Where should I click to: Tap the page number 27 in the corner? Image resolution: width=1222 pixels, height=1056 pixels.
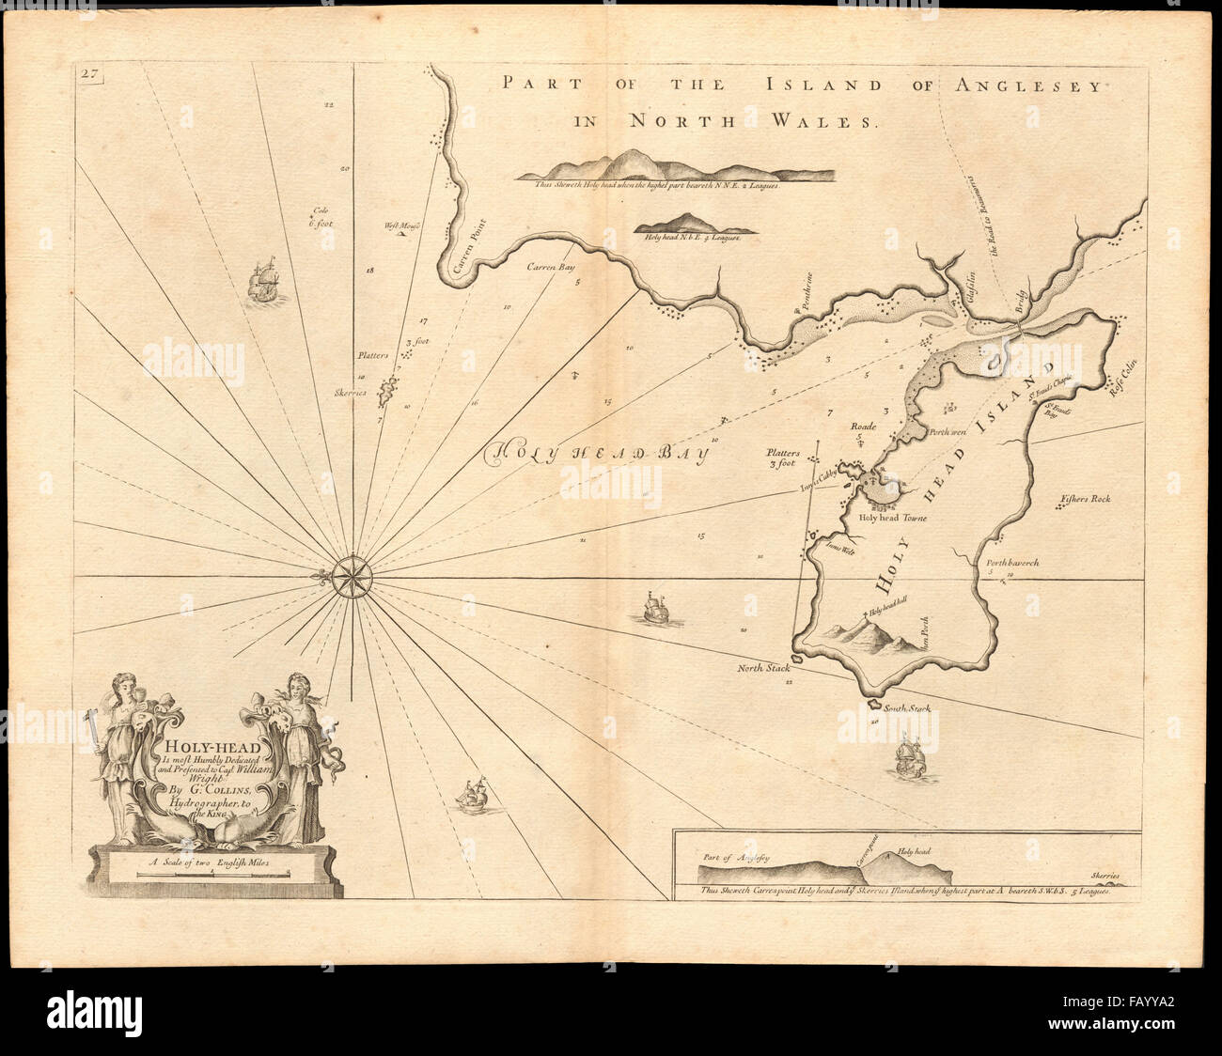pos(90,76)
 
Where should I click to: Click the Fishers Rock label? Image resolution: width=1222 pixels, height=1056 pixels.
pos(1086,499)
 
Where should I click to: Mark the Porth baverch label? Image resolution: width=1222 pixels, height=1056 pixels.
pos(1011,563)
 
